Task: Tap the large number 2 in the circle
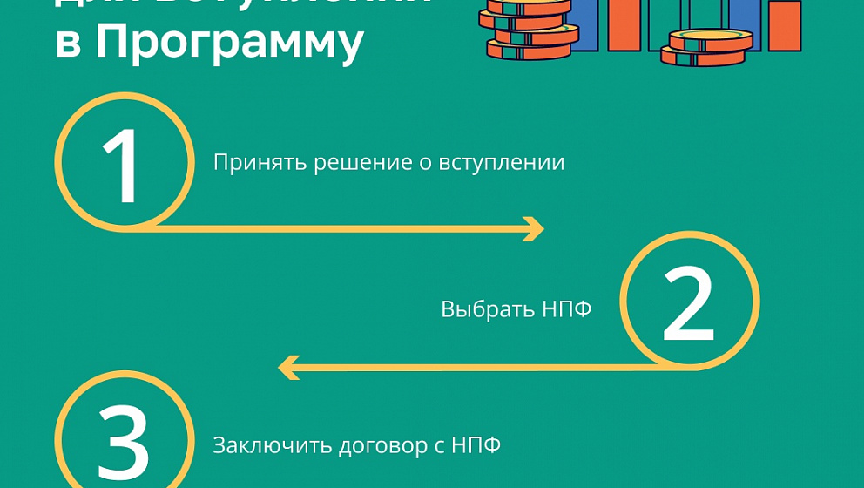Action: click(688, 302)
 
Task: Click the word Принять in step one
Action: click(252, 163)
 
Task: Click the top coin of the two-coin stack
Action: click(710, 40)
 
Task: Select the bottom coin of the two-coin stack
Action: click(704, 58)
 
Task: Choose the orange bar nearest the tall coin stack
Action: click(623, 24)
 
